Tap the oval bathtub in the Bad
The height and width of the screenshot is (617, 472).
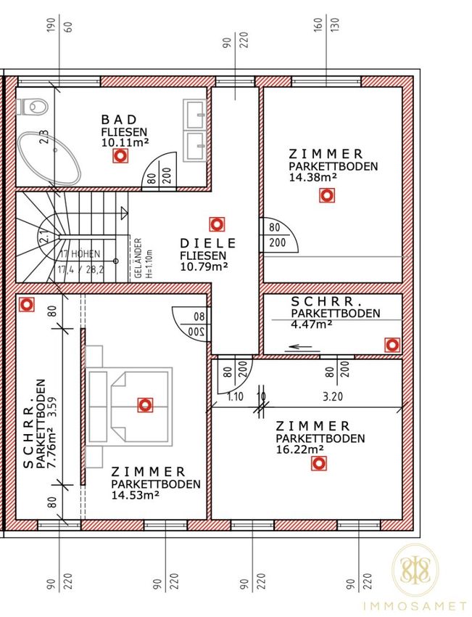coord(49,158)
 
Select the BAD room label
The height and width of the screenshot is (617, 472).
coord(120,119)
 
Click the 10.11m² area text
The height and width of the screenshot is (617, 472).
coord(125,142)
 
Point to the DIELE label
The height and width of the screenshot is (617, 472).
coord(208,243)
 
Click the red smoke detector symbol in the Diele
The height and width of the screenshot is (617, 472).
coord(217,225)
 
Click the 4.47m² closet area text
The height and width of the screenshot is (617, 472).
coord(312,324)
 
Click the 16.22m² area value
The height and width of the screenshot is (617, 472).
coord(299,449)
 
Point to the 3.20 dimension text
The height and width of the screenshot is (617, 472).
coord(333,396)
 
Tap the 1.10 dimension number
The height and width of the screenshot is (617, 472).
coord(235,396)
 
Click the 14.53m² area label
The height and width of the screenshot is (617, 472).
coord(135,494)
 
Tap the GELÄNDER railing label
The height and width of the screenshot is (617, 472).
coord(138,258)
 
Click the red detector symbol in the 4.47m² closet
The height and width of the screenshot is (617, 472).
coord(392,345)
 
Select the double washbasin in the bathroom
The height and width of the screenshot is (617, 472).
coord(194,130)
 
